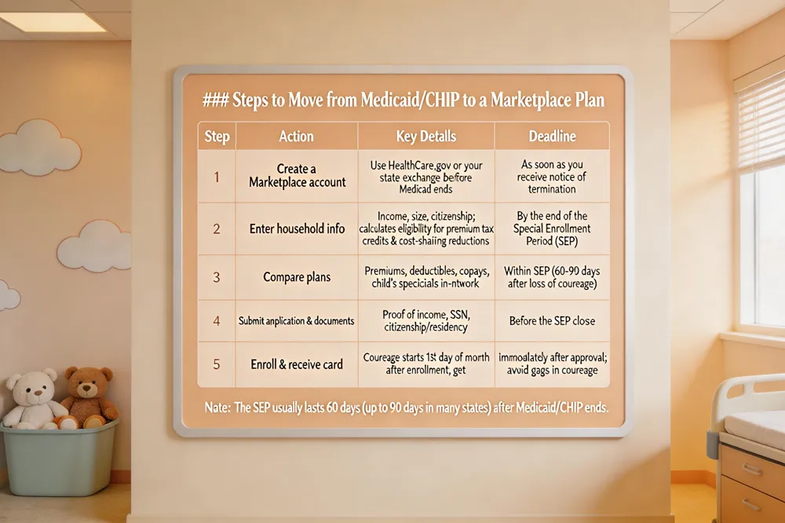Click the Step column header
(217, 137)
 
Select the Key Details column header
(426, 137)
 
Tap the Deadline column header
(552, 137)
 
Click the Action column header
(297, 137)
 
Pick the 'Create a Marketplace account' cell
(297, 175)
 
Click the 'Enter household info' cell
(297, 229)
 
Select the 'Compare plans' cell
(297, 277)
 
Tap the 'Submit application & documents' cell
(297, 320)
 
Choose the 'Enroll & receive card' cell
(297, 364)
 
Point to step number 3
(217, 277)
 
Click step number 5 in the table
(217, 364)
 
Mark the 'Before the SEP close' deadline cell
(552, 320)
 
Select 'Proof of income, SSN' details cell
(426, 320)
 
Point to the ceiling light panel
(53, 22)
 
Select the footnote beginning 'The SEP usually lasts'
(407, 408)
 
